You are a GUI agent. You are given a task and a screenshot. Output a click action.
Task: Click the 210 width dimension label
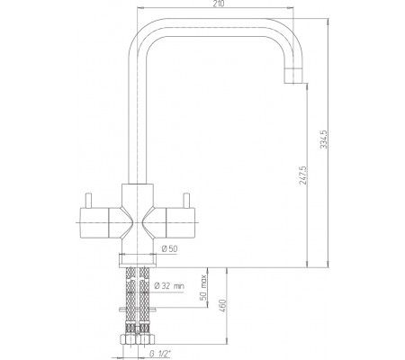tap(219, 4)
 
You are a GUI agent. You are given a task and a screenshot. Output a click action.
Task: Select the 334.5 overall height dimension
tap(324, 139)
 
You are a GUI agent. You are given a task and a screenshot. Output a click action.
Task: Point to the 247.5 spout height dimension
tap(303, 175)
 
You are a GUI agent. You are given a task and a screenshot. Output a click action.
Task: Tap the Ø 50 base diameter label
tap(169, 248)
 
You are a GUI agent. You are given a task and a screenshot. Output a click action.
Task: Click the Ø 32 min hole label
tap(169, 286)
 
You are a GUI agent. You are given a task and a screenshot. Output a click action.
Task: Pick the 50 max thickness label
tap(203, 287)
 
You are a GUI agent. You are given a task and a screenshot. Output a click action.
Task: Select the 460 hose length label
tap(223, 306)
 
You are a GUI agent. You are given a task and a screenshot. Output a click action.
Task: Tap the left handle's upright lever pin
tap(88, 200)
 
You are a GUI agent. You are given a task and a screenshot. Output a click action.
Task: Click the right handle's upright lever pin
tap(186, 200)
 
